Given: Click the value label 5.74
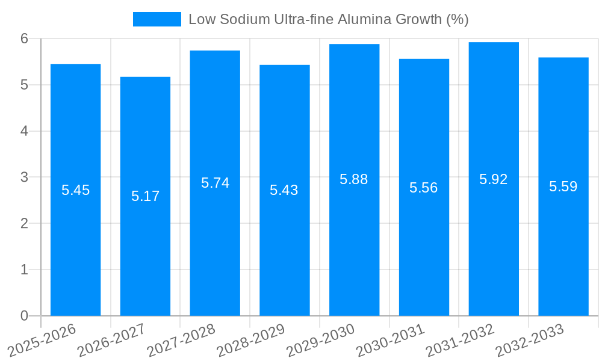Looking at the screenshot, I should tap(215, 183).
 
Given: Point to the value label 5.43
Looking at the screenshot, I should tap(284, 190).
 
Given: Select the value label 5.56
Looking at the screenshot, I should tap(424, 188).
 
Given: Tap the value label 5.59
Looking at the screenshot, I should tap(563, 187).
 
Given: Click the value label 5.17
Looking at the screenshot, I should tap(145, 196).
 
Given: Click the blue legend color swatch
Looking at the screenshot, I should tap(157, 19).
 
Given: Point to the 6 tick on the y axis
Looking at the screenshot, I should tap(25, 39).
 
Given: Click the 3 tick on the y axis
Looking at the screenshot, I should tap(25, 177).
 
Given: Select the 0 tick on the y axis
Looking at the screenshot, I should tap(25, 316).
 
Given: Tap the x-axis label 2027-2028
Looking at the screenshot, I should tap(181, 341).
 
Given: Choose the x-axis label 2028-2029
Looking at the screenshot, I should tap(250, 341).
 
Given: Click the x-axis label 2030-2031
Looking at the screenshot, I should tap(390, 341).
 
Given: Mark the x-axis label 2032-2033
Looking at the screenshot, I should tap(530, 341).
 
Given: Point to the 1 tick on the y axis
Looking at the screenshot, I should tap(25, 270).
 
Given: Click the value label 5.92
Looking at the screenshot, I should tap(494, 179).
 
